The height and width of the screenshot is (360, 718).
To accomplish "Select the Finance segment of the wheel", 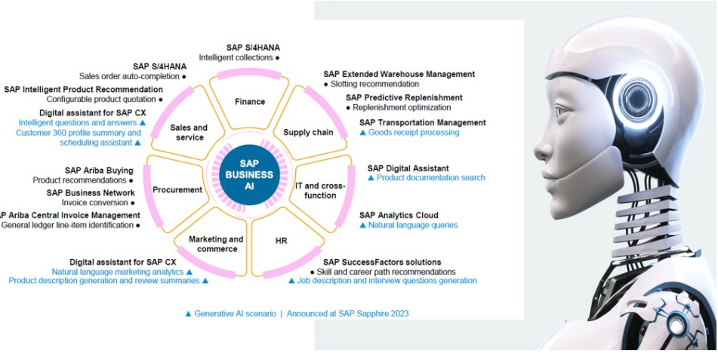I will point(250,102).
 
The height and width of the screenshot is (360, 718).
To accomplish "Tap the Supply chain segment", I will point(308,132).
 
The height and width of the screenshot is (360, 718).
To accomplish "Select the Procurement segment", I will point(177,190).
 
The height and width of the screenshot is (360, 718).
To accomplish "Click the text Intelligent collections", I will point(236,57).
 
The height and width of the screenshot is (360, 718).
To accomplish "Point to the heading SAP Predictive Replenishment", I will point(404,97).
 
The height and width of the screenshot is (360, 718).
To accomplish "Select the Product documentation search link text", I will point(430,178).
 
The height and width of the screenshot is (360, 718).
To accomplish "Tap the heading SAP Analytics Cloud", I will point(399,215).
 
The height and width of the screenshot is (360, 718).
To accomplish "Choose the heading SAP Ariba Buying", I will point(99,171).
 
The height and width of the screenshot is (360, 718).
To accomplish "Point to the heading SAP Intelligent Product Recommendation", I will point(83,89).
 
